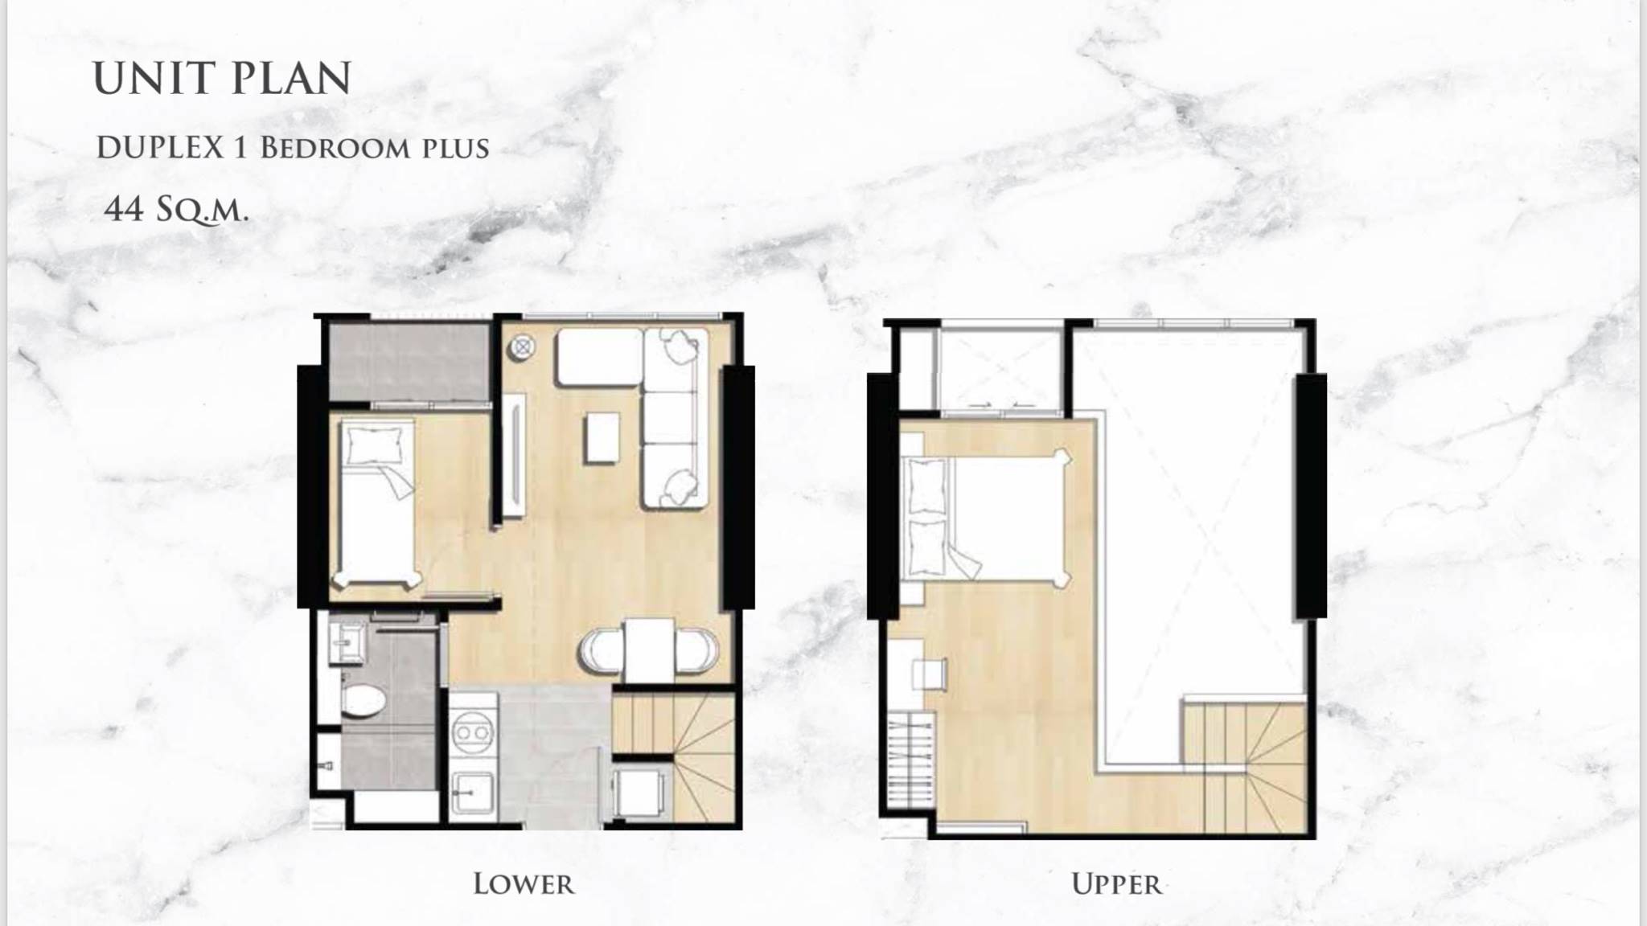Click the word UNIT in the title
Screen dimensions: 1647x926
pyautogui.click(x=152, y=78)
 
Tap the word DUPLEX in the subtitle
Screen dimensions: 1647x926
pyautogui.click(x=160, y=148)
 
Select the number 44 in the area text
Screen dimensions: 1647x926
pyautogui.click(x=125, y=209)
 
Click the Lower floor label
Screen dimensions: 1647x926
pyautogui.click(x=524, y=884)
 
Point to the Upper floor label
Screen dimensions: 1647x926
pyautogui.click(x=1117, y=884)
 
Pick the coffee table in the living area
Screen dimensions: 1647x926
pyautogui.click(x=602, y=437)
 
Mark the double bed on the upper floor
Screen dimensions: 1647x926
pyautogui.click(x=987, y=515)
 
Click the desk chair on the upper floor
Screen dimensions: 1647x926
pyautogui.click(x=930, y=674)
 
